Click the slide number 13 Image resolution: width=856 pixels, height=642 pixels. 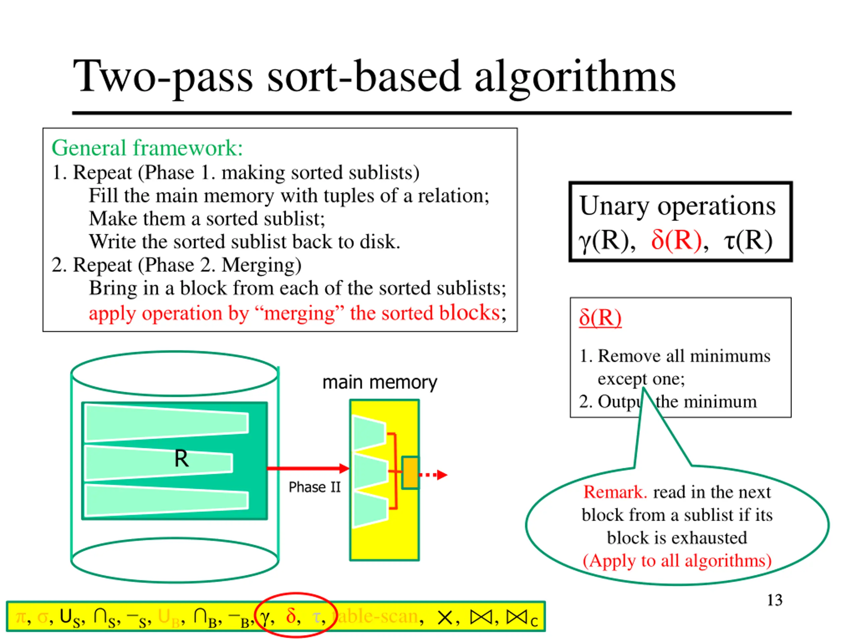pos(774,600)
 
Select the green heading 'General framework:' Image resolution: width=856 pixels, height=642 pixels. pos(147,148)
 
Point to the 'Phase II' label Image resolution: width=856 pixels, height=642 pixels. pos(314,487)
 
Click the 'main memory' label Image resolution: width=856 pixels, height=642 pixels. pos(380,382)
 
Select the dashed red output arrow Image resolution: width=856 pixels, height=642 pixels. pos(433,475)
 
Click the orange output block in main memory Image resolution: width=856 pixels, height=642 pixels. pos(410,472)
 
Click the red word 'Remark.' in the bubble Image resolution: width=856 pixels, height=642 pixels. pos(615,492)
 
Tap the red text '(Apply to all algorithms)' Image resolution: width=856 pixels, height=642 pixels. pos(677,560)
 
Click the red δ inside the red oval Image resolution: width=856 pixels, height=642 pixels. pos(291,615)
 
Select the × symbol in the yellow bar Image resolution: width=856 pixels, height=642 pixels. pos(445,618)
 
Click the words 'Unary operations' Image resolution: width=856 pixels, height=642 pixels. pos(677,206)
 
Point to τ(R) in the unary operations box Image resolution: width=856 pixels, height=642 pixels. pos(748,241)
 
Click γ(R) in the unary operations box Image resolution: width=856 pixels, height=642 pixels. pos(607,241)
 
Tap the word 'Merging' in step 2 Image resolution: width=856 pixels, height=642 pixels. pos(261,265)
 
